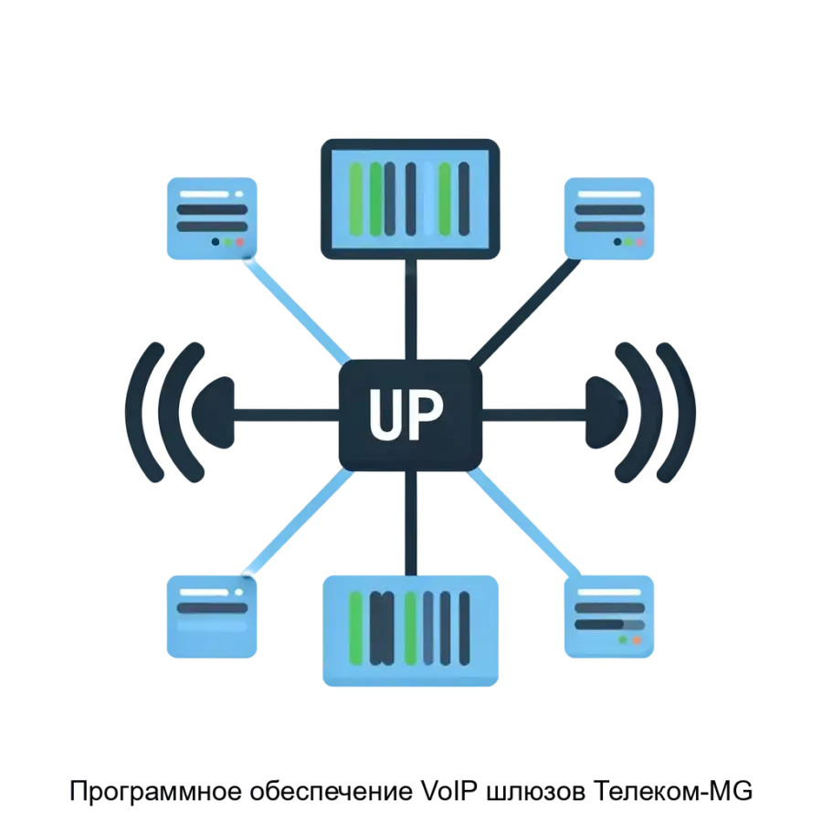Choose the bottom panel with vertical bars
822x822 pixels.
[413, 631]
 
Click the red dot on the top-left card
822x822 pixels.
[240, 243]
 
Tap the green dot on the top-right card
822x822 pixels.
[628, 243]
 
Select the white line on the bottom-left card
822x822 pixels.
[213, 593]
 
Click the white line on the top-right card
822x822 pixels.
[610, 195]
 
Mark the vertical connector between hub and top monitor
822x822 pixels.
[411, 311]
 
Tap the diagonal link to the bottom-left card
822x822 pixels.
[297, 525]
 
